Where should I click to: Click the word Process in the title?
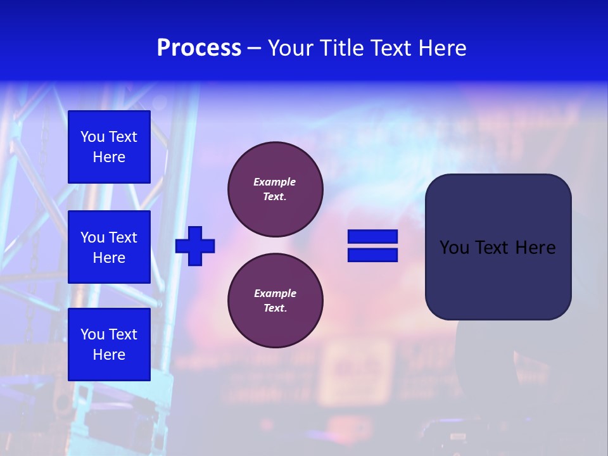199,48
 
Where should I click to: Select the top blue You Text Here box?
109,147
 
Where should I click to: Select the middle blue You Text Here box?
109,247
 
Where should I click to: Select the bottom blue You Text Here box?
109,345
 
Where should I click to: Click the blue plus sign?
195,246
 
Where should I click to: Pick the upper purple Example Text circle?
275,189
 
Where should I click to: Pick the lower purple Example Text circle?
275,301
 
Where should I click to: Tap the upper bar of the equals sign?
372,236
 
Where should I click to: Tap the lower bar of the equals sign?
372,255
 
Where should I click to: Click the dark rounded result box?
498,247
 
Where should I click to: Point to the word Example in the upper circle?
275,182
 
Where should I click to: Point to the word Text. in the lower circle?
275,308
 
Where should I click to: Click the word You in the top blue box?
92,137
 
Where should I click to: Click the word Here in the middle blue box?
109,258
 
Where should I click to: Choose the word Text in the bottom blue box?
123,334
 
